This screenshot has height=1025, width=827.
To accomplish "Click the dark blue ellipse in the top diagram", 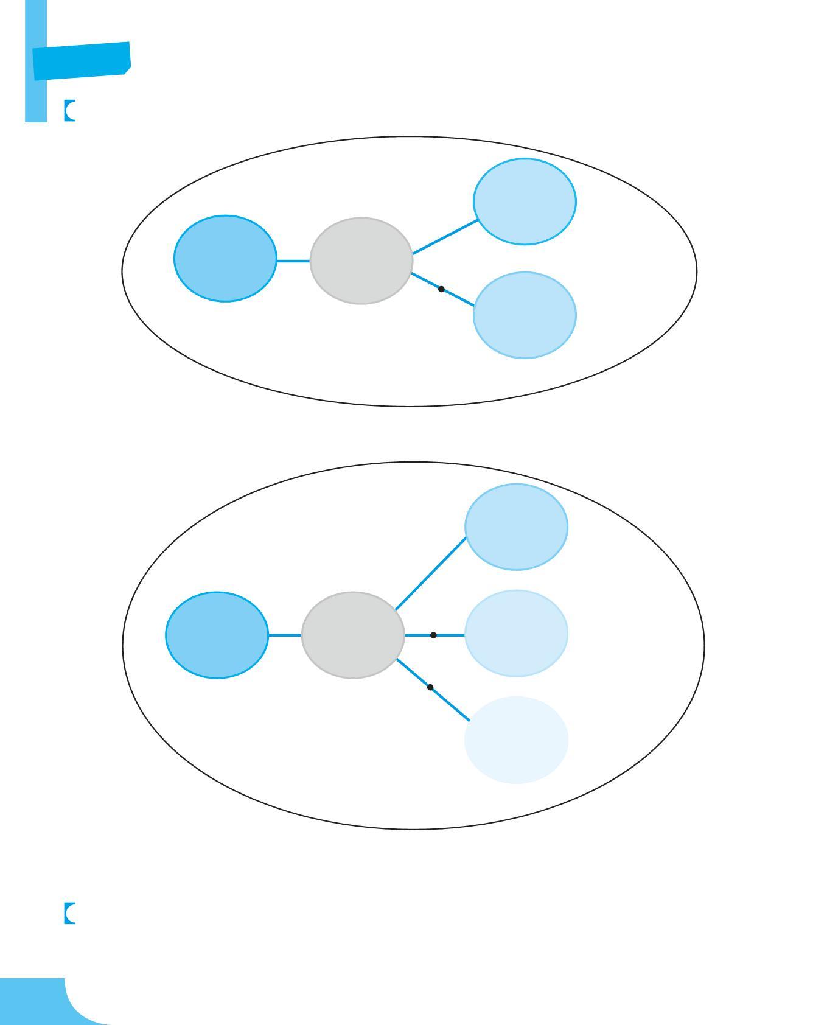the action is point(225,258).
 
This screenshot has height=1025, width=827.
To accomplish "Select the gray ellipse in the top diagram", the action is point(361,261).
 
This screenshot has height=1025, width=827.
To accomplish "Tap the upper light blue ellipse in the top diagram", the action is point(525,201).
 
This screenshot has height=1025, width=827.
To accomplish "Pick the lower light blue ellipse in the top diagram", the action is point(525,315).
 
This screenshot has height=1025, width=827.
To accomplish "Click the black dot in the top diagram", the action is point(441,289).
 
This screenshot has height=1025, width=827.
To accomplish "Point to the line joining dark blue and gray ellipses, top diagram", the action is point(293,261).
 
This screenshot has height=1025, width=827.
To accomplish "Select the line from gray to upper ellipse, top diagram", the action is point(444,236).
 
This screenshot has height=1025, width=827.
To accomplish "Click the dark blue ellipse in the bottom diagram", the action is point(217,635).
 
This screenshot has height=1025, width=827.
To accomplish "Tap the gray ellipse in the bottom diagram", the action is point(353,635).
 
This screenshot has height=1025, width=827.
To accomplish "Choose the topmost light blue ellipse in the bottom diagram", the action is point(517,526).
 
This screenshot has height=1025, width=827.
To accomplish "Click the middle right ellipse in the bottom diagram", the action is point(517,633).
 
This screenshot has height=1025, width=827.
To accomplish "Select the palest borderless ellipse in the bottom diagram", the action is point(517,740).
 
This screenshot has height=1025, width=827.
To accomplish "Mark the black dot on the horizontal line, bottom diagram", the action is point(433,635).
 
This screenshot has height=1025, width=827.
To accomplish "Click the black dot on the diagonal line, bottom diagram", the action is point(430,687).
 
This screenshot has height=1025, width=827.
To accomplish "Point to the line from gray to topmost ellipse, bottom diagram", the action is point(430,573).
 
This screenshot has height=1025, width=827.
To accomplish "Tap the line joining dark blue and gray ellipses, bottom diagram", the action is point(284,635).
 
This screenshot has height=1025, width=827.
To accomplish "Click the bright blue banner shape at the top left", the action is point(81,60).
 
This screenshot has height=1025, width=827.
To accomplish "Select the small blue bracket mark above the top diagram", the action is point(69,111).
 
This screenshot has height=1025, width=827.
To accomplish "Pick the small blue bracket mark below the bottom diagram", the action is point(69,913).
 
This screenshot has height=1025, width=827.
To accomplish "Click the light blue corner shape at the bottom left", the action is point(37,1001).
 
